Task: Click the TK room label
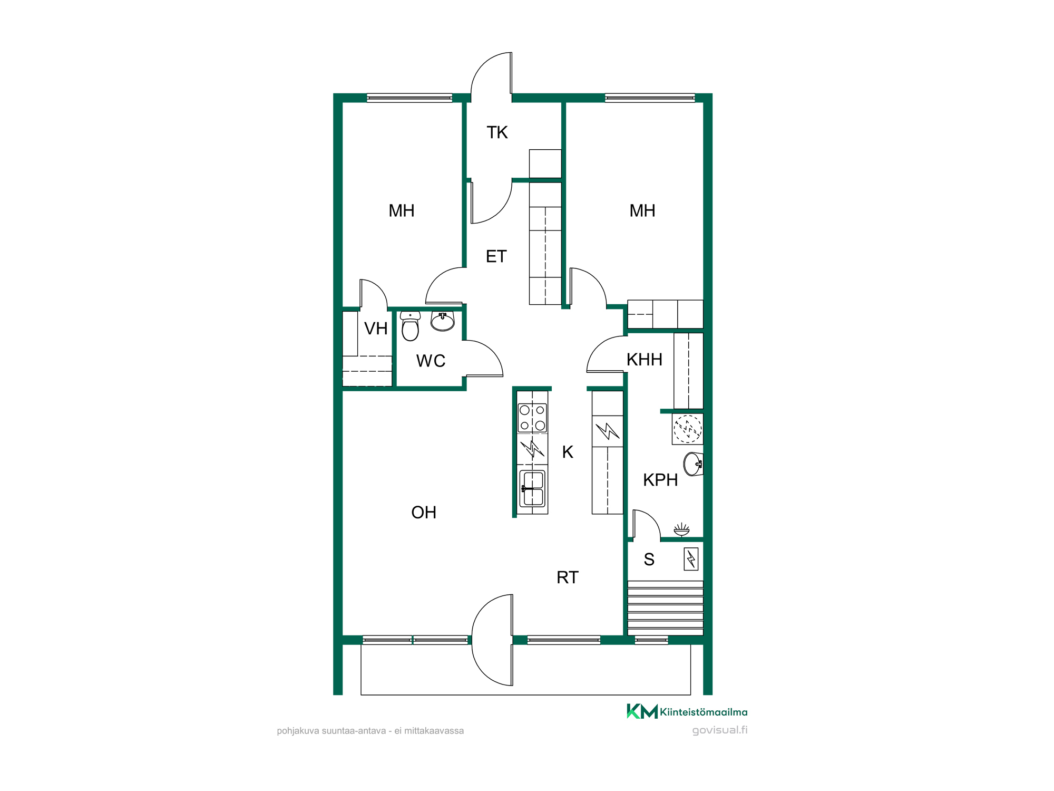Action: click(x=497, y=132)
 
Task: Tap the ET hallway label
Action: click(x=496, y=256)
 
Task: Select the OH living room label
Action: click(x=424, y=512)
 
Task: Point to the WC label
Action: click(x=431, y=361)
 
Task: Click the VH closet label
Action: click(x=376, y=329)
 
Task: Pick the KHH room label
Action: click(x=644, y=360)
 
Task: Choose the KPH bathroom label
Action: click(x=660, y=480)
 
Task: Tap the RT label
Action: click(x=568, y=577)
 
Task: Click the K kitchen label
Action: click(x=568, y=452)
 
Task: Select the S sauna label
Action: click(x=649, y=560)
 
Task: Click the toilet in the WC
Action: click(x=410, y=326)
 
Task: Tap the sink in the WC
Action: click(x=443, y=321)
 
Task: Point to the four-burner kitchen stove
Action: click(x=532, y=418)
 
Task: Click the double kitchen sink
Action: click(x=533, y=488)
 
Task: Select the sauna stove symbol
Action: click(x=691, y=559)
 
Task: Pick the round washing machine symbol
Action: click(x=688, y=429)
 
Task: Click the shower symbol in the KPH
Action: click(x=681, y=529)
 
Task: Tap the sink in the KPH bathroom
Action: click(x=694, y=464)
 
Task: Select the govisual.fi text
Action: click(x=720, y=730)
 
